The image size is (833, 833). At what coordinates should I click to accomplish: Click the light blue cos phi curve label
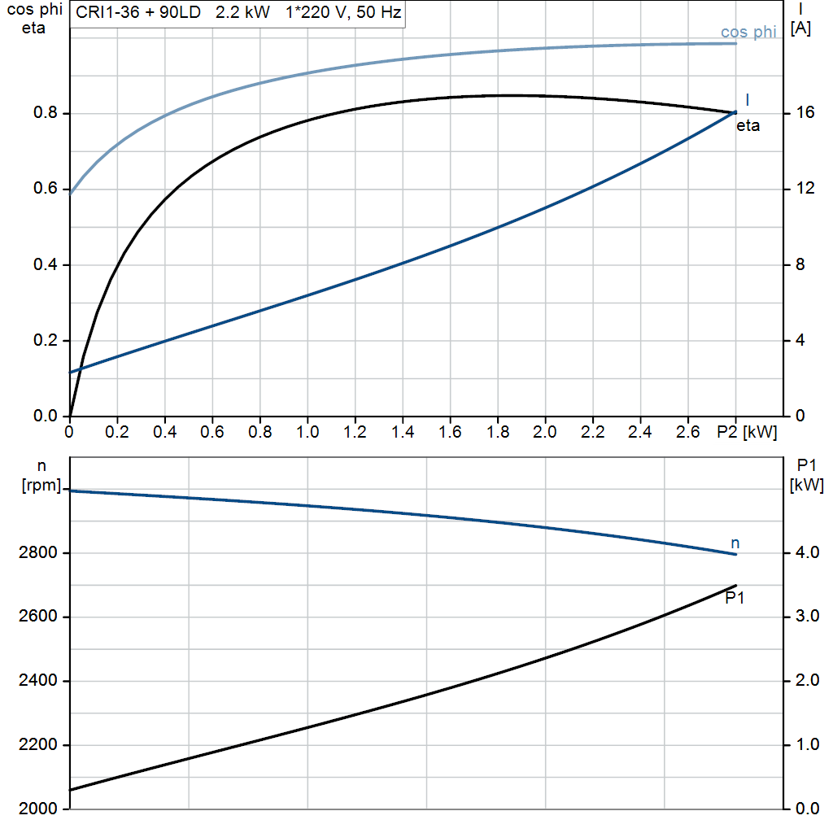[748, 33]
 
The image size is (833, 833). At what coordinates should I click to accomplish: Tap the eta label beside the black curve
[748, 126]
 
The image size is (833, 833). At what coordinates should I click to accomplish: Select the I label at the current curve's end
[747, 99]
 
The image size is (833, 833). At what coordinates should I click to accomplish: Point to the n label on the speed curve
[735, 543]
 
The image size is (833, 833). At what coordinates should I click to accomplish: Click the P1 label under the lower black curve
[735, 598]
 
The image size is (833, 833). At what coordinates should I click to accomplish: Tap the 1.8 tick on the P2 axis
[498, 431]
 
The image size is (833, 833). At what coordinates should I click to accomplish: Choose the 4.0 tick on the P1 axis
[805, 554]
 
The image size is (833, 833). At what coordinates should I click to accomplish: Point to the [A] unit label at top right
[800, 28]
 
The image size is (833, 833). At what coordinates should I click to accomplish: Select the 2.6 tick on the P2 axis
[688, 431]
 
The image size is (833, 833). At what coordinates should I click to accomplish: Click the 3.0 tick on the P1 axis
[805, 617]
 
